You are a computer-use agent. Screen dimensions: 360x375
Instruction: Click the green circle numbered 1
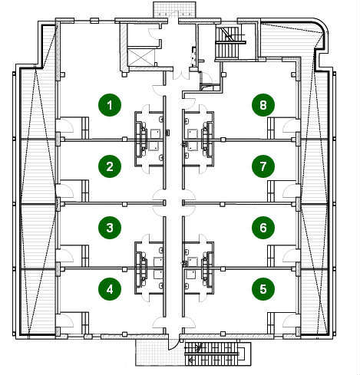[x=110, y=105]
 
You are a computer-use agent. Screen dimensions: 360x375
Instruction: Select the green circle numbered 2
[x=110, y=166]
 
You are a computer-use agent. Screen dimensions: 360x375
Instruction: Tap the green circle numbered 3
[x=110, y=228]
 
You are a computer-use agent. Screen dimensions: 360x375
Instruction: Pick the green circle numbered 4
[x=110, y=289]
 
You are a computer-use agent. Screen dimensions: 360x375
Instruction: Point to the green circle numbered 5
[x=263, y=289]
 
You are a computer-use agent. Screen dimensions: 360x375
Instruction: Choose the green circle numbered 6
[x=263, y=228]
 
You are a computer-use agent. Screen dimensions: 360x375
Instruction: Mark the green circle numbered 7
[x=263, y=166]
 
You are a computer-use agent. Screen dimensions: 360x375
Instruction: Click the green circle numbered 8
[x=263, y=105]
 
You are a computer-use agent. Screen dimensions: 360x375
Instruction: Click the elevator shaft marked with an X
[x=141, y=58]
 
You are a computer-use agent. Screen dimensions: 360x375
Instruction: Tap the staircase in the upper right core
[x=227, y=43]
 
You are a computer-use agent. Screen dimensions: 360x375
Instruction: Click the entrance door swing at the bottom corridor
[x=173, y=344]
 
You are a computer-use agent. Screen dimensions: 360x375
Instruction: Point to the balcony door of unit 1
[x=64, y=126]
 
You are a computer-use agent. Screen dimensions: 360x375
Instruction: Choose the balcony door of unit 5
[x=291, y=321]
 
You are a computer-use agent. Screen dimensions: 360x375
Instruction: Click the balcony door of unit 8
[x=291, y=126]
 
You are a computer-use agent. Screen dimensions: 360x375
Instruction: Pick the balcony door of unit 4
[x=64, y=321]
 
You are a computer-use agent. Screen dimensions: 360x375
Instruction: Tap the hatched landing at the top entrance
[x=174, y=9]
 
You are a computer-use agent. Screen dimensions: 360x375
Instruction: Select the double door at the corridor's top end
[x=180, y=75]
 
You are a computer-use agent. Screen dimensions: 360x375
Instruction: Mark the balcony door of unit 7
[x=291, y=190]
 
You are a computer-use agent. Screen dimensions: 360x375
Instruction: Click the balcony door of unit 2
[x=64, y=190]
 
